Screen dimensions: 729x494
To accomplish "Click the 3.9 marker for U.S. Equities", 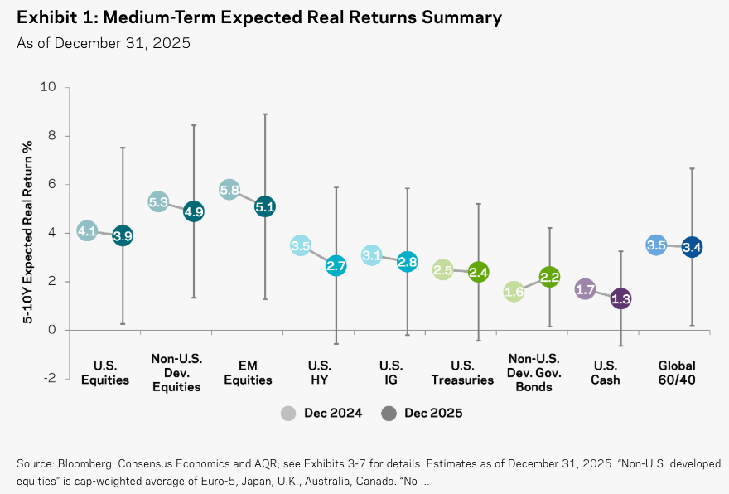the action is [x=123, y=236].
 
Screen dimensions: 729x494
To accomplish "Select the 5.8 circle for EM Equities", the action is [x=229, y=190].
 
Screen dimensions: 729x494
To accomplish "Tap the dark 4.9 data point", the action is [x=194, y=211].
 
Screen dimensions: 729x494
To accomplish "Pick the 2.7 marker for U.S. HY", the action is [x=336, y=265].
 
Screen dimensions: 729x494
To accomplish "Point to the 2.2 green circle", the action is [x=549, y=277].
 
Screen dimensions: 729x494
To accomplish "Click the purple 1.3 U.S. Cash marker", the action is [x=620, y=298].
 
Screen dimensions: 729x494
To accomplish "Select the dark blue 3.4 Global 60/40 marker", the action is [x=692, y=247].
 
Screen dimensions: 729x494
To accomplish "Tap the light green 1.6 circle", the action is [x=514, y=292].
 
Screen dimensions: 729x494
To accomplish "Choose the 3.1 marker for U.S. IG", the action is [x=371, y=255].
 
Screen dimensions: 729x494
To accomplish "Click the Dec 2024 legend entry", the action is [x=321, y=413].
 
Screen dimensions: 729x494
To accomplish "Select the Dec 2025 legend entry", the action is [x=422, y=413].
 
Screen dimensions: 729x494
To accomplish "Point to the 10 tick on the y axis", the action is [x=48, y=86].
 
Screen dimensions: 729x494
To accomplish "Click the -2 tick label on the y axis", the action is [x=50, y=378].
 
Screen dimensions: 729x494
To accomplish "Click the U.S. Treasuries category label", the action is [x=462, y=373].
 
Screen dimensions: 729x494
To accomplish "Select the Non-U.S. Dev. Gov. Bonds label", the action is [x=533, y=373].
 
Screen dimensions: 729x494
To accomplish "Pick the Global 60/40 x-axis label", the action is [x=677, y=373].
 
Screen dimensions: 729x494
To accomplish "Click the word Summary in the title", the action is [x=461, y=17].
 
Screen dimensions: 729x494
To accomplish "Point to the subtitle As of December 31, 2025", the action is [x=104, y=43].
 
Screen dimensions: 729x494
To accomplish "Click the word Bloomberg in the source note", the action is [x=84, y=464].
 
